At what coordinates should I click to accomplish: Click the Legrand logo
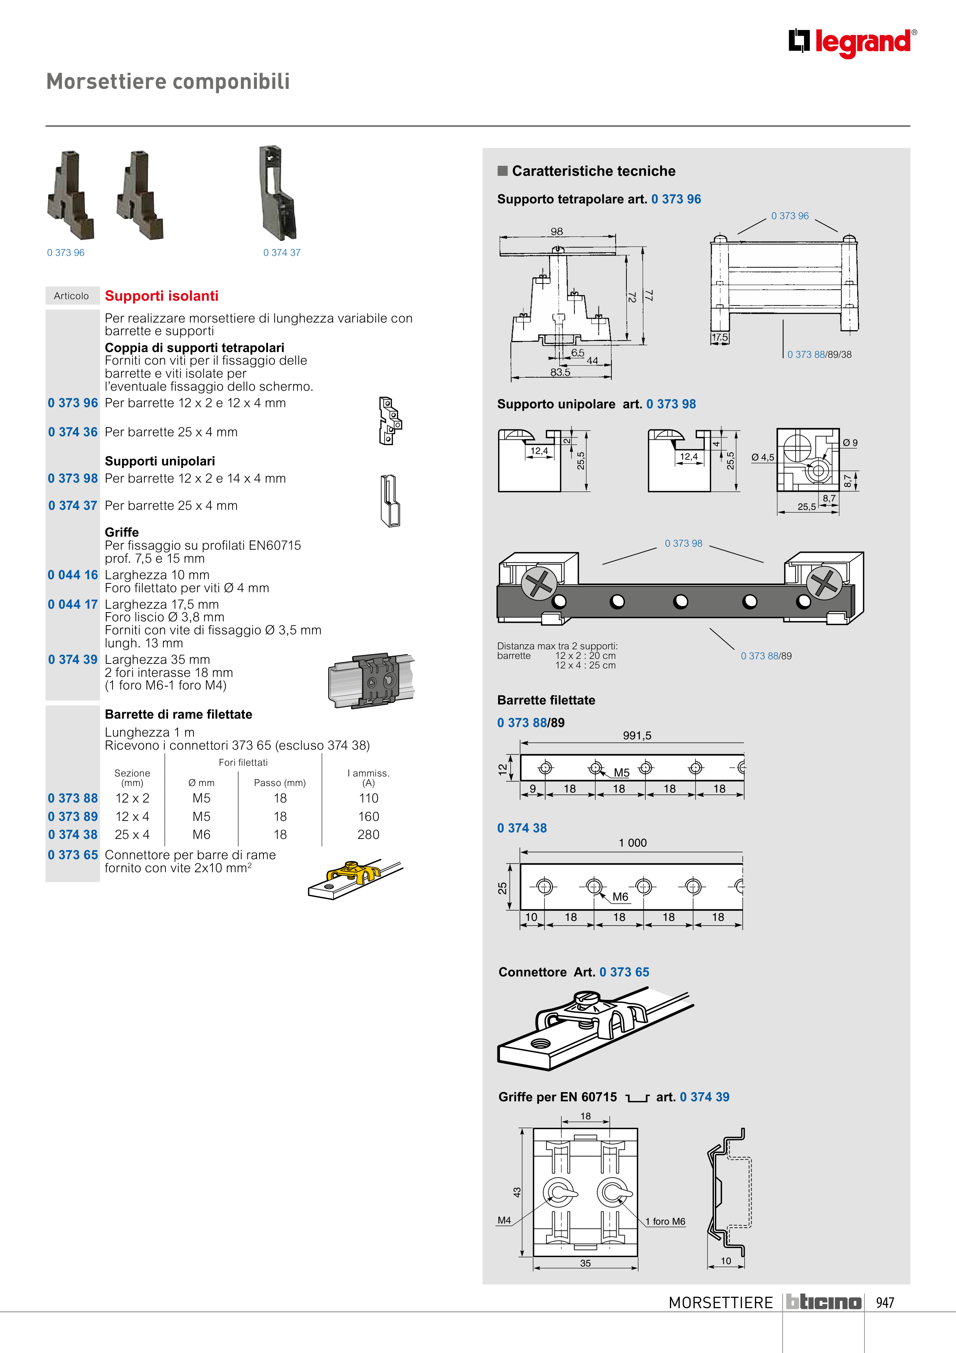852,43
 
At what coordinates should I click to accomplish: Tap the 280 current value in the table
368,834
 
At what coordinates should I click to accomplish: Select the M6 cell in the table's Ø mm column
201,834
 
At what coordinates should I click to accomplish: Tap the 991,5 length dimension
637,735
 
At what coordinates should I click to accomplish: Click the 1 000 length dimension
632,843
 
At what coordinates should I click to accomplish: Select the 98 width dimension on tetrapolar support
557,232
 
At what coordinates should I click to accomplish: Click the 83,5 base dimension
560,372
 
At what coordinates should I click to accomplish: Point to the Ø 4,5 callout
763,457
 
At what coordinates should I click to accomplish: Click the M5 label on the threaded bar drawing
621,773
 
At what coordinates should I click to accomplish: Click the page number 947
885,1302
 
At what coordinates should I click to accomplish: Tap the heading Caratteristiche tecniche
593,171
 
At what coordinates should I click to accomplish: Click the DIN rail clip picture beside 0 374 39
371,681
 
